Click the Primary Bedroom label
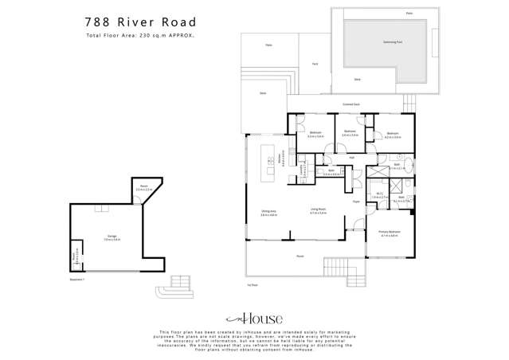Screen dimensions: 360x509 pos(390,233)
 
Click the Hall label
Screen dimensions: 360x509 pos(351,158)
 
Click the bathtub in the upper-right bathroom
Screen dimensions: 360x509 pos(406,164)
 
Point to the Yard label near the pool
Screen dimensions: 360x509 pos(315,64)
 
